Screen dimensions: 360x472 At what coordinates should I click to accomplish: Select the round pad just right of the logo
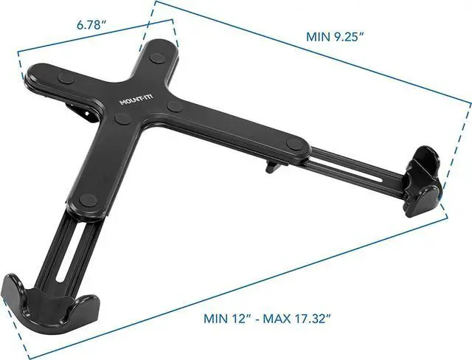[x=175, y=107]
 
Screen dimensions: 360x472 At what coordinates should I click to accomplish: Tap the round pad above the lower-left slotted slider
[x=88, y=198]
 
